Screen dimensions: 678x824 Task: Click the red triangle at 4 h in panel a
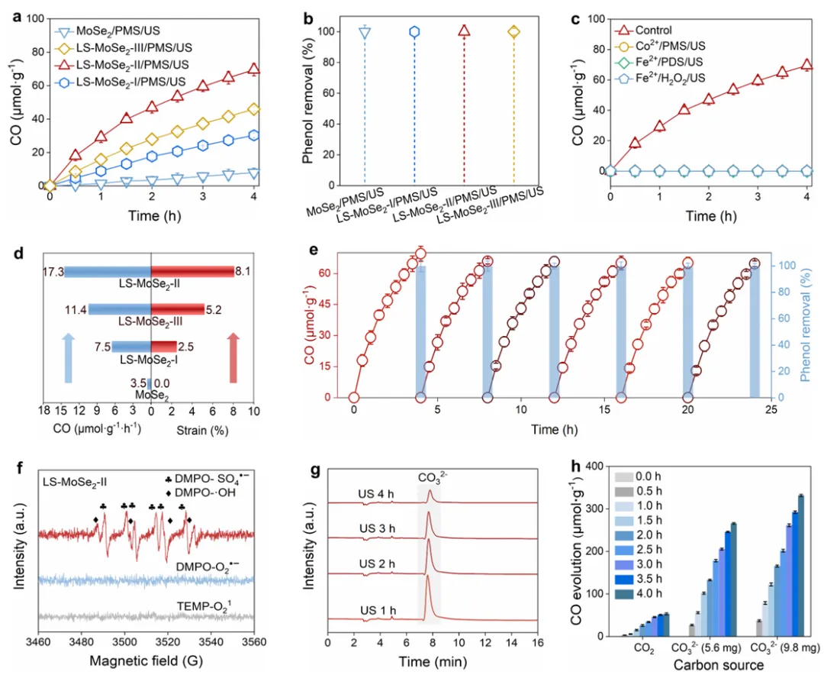(x=254, y=69)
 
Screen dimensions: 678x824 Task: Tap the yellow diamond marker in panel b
(x=514, y=31)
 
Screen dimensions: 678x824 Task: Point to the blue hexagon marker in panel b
(x=414, y=31)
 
